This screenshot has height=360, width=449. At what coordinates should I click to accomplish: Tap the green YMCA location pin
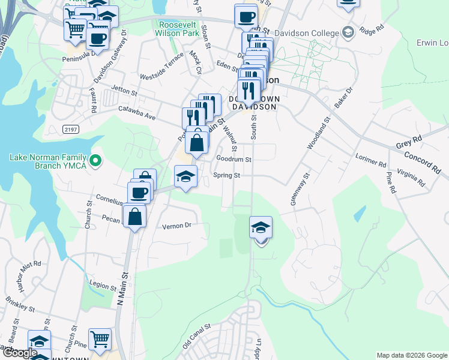click(95, 160)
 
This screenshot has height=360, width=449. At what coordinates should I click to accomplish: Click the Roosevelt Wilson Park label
click(178, 28)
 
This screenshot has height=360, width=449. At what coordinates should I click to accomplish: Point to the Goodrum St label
click(234, 160)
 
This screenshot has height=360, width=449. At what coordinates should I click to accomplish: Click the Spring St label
click(228, 175)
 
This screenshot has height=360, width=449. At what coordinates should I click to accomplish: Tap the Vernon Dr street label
click(176, 226)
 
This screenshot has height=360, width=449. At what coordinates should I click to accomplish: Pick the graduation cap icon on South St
click(261, 228)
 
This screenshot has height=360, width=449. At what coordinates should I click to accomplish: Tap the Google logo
click(20, 353)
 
